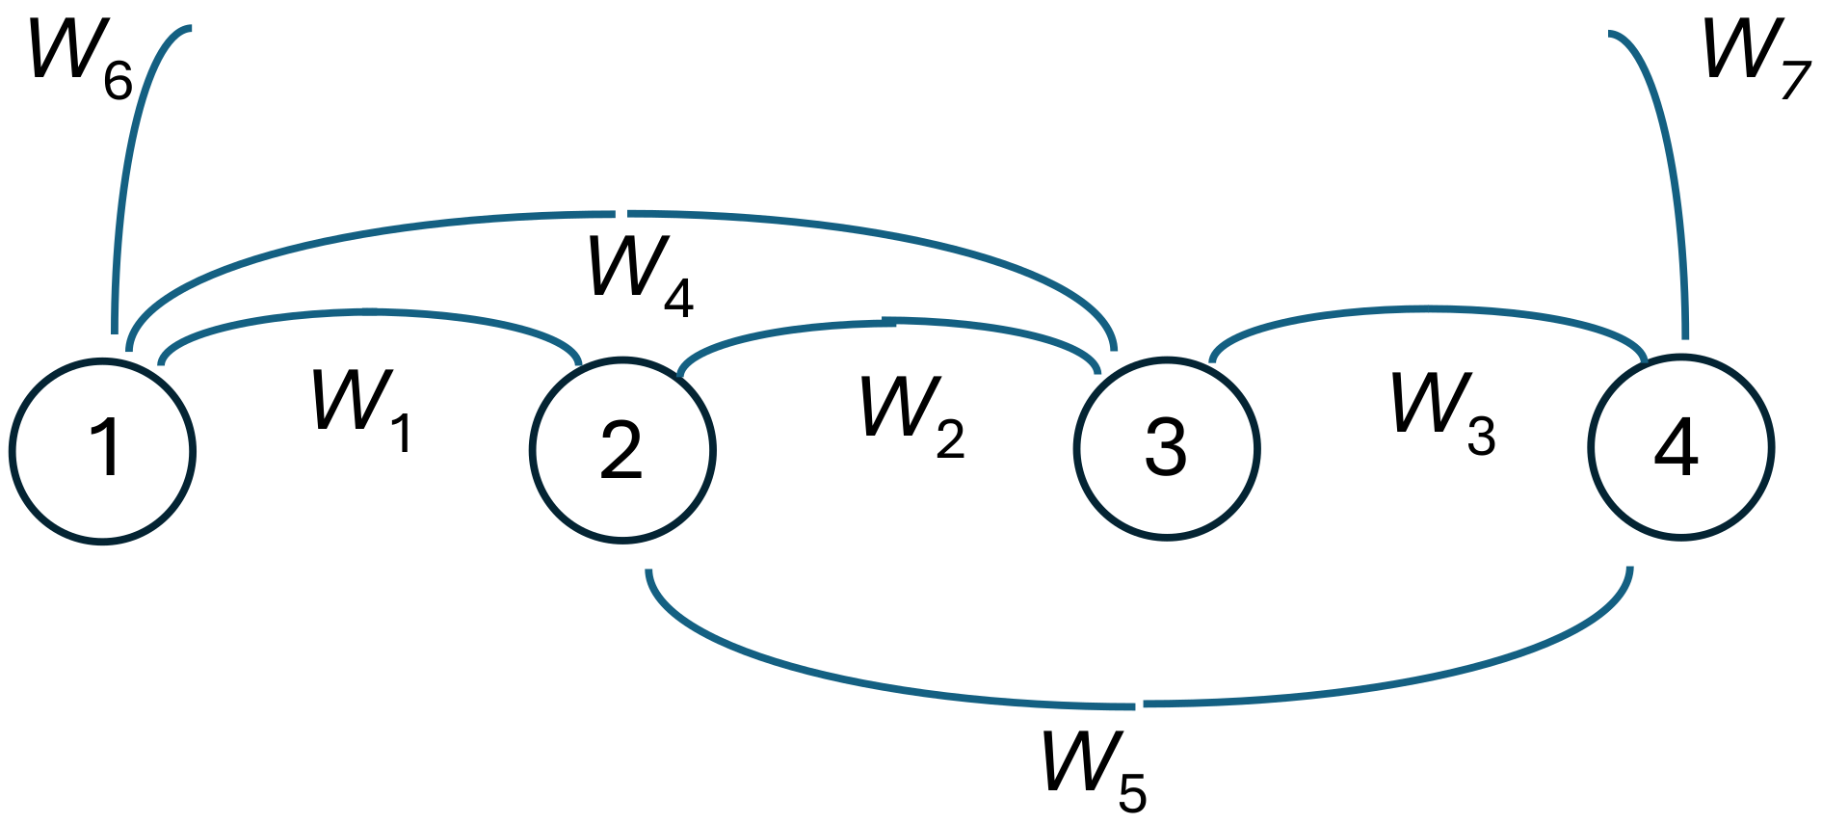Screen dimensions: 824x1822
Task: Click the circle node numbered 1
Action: pos(103,450)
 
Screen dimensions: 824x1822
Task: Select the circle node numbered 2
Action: pos(622,450)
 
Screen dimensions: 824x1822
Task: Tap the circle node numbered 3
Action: pos(1166,448)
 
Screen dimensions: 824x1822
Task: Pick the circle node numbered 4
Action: pos(1679,447)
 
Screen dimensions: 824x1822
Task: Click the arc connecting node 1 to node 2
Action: pos(366,312)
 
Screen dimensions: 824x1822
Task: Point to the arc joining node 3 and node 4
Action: pos(1426,310)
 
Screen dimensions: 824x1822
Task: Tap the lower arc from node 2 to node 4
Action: pos(1137,705)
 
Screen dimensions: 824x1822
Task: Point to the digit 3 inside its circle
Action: pos(1166,448)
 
